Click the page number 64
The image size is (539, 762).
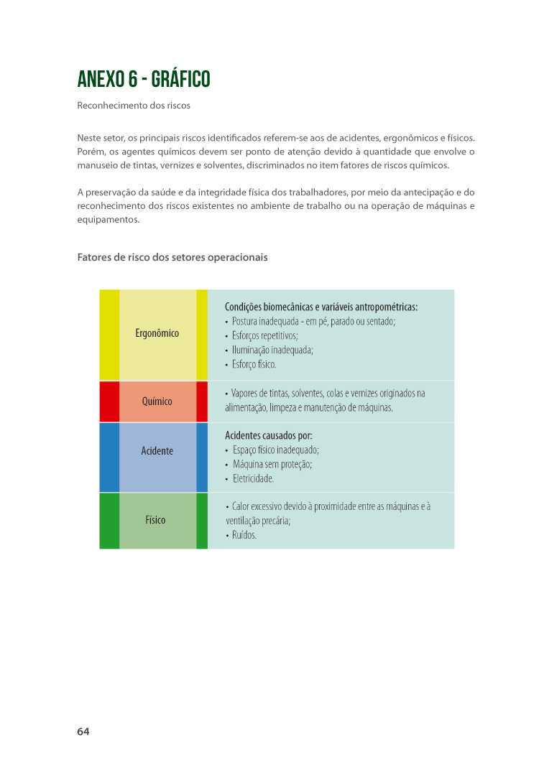click(x=83, y=732)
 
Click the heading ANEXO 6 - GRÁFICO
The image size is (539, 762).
click(x=144, y=79)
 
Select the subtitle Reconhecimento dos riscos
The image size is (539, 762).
click(x=134, y=106)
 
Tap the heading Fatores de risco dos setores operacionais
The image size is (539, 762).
click(x=172, y=256)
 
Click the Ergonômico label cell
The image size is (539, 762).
click(x=157, y=333)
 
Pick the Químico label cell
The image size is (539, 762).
click(x=157, y=401)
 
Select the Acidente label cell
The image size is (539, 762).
click(x=157, y=451)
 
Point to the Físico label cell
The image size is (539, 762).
click(x=155, y=520)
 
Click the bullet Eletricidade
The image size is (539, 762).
click(x=253, y=478)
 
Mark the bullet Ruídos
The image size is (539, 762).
click(x=244, y=535)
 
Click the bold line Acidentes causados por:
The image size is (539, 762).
click(x=269, y=435)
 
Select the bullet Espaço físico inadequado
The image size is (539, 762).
click(x=275, y=450)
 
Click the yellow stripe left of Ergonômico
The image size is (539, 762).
click(x=109, y=335)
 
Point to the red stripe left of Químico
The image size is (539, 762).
click(x=109, y=401)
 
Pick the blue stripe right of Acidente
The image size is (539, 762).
click(x=202, y=457)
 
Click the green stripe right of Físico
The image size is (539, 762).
click(x=202, y=521)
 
